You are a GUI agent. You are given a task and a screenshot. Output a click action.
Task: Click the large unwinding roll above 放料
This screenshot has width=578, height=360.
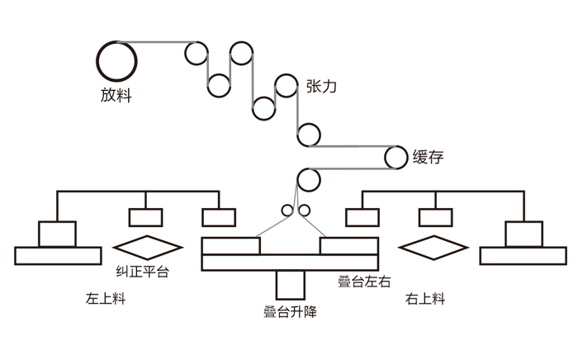pos(116,59)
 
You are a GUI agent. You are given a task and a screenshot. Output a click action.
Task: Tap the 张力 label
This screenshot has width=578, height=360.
pos(322,85)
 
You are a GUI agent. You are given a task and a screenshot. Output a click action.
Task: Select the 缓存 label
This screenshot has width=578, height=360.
pos(426,156)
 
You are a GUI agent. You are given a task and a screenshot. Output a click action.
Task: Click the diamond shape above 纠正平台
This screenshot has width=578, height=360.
pos(147,247)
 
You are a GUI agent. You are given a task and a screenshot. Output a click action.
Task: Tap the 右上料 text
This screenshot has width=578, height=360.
pos(425,299)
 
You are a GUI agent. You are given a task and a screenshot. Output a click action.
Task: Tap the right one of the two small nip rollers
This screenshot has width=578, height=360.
pos(303,210)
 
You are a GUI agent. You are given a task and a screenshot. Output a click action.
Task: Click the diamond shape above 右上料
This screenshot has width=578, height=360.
pos(433,247)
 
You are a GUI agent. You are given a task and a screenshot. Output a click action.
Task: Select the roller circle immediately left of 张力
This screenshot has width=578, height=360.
pos(286,84)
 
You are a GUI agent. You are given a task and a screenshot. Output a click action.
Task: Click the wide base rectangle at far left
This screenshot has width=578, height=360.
pos(56,255)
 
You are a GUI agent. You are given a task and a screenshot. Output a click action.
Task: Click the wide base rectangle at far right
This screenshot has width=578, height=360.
pos(523,255)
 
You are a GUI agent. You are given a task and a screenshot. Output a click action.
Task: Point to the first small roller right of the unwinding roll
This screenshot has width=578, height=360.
pos(196,53)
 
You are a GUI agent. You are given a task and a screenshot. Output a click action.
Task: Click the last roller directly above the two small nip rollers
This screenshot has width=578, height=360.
pos(309,179)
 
